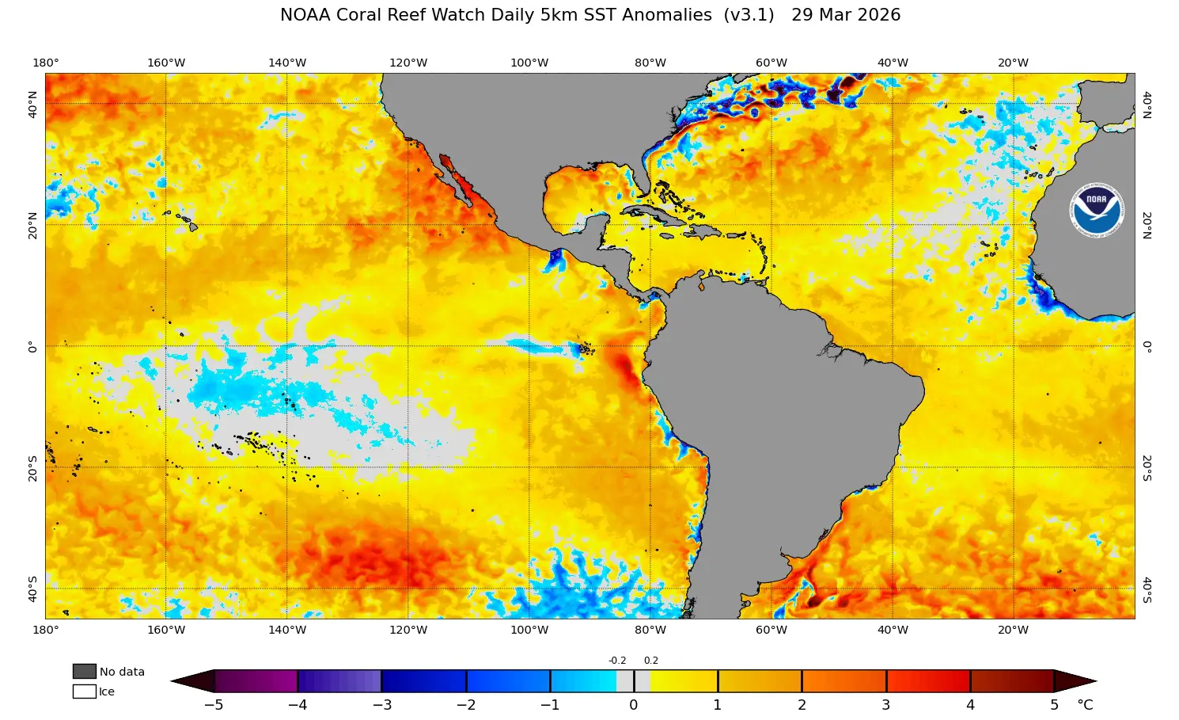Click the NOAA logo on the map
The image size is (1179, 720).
coord(1097,209)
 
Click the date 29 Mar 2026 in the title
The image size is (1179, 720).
coord(845,15)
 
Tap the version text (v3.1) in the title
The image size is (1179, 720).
coord(749,15)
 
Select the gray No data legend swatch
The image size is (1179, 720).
coord(84,672)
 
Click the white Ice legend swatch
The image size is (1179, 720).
coord(84,691)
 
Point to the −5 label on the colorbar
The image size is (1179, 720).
coord(214,705)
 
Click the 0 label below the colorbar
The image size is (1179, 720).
coord(633,705)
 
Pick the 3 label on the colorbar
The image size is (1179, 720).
coord(885,705)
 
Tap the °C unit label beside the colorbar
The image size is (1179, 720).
coord(1085,705)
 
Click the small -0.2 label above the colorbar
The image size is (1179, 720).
coord(617,661)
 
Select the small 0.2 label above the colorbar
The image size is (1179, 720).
coord(650,661)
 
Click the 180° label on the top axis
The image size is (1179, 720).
coord(45,63)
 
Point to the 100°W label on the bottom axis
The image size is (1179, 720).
coord(529,630)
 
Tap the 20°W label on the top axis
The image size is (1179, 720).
coord(1013,63)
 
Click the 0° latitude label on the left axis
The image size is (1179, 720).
coord(32,346)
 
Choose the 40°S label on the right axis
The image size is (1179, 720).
coord(1147,589)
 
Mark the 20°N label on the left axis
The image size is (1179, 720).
coord(32,225)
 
